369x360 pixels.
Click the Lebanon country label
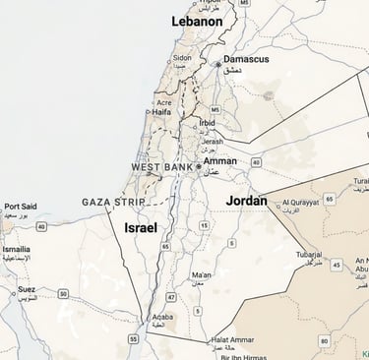(x=197, y=21)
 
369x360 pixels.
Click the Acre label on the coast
(x=164, y=102)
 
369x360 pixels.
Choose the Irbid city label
(x=208, y=123)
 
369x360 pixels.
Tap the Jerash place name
(x=213, y=142)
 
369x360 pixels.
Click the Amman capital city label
(x=219, y=159)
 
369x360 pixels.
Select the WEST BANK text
(x=161, y=168)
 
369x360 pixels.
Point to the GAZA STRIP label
(x=111, y=202)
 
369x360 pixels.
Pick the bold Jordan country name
(x=246, y=200)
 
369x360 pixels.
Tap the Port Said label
(x=21, y=207)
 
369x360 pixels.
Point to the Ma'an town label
(x=201, y=274)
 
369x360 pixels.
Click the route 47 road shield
(x=171, y=296)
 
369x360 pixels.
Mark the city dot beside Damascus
(x=218, y=64)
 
